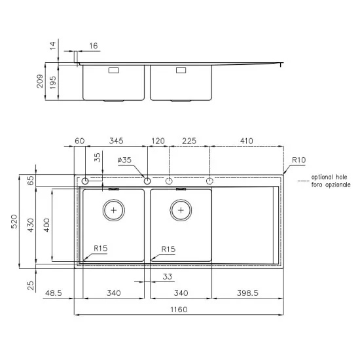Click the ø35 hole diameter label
(x=124, y=160)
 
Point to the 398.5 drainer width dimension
(x=247, y=293)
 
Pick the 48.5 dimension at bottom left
(x=54, y=293)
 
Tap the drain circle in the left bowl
(x=115, y=211)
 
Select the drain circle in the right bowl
(x=180, y=211)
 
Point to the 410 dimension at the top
(x=247, y=141)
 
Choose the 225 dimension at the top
(x=189, y=141)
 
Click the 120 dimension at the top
(x=158, y=141)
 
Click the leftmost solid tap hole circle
(x=85, y=180)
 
